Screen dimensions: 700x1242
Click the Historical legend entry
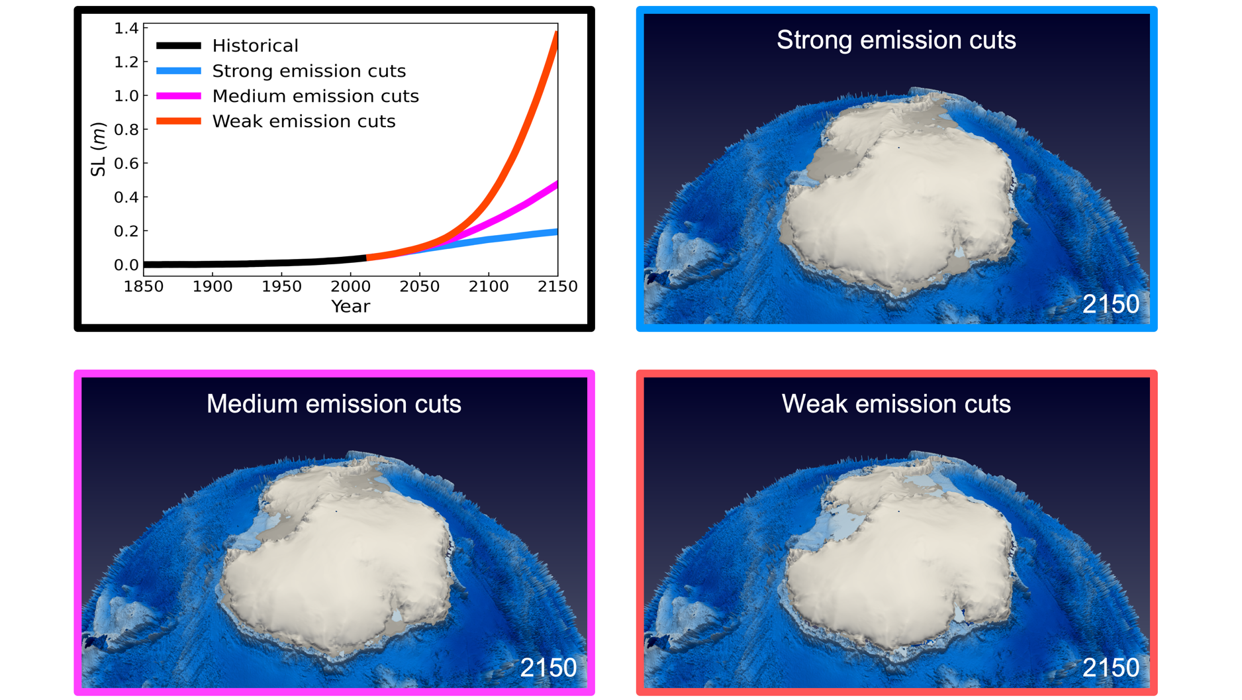255,46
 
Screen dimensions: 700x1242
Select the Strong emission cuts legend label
309,71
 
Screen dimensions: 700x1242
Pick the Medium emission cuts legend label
315,96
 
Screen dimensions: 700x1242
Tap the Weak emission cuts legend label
303,121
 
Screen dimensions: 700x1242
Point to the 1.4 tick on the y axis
126,28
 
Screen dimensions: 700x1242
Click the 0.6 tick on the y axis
126,163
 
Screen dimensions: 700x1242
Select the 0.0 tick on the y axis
126,265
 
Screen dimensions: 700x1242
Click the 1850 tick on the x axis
144,287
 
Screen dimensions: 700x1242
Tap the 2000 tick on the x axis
351,287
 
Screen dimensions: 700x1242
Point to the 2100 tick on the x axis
489,287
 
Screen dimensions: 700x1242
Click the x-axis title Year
350,307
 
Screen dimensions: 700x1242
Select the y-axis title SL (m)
98,149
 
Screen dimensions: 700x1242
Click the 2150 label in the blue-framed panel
1110,304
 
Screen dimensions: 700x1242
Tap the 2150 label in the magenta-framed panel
548,668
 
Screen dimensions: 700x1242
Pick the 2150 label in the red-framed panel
1110,668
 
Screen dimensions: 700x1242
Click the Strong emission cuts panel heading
896,40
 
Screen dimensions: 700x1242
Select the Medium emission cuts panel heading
334,404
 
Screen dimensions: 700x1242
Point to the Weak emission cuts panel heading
896,404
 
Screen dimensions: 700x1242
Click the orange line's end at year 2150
557,33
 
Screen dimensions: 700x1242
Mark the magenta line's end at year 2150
557,183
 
